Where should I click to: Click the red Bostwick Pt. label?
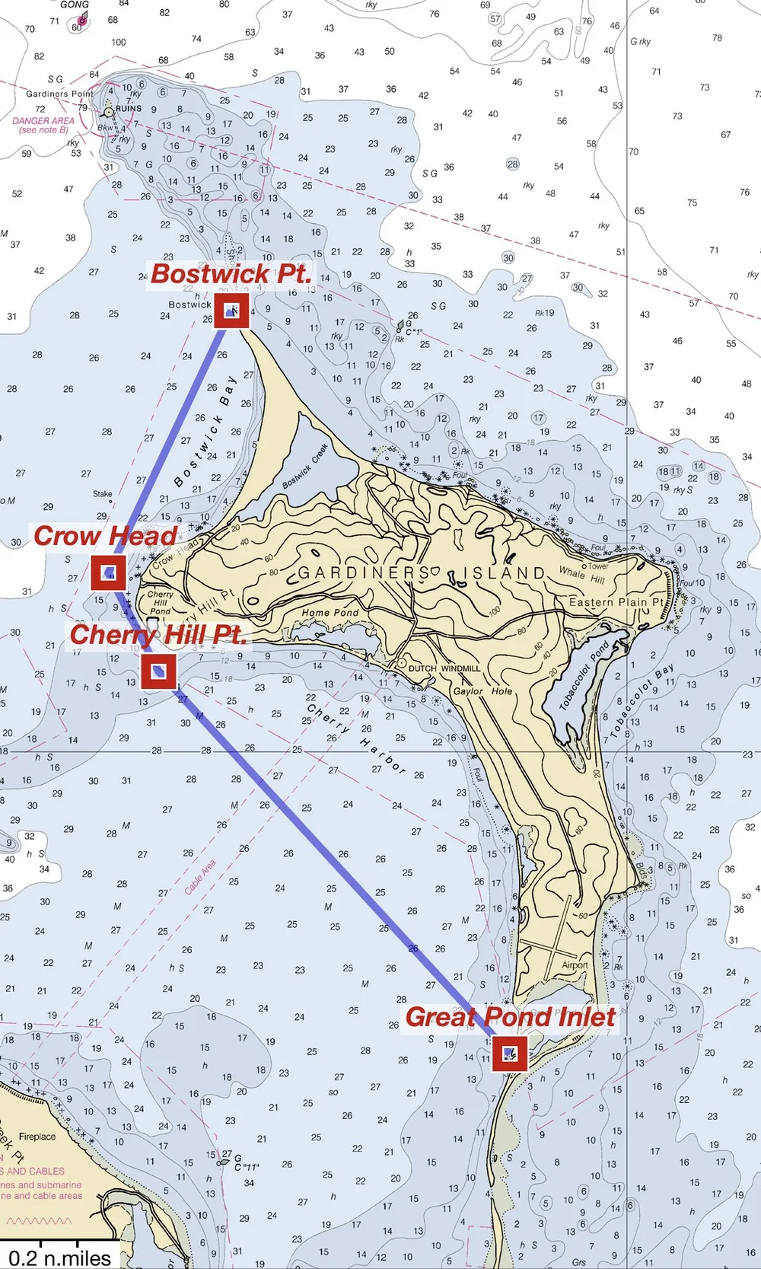tap(231, 274)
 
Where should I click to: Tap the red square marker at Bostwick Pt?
tap(231, 311)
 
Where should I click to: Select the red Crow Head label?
tap(105, 536)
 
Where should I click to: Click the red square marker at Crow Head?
tap(108, 572)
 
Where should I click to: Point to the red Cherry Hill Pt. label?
tap(158, 635)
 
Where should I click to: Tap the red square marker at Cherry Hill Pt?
tap(158, 671)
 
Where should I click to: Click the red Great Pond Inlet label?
tap(510, 1017)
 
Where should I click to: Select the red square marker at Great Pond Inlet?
tap(509, 1054)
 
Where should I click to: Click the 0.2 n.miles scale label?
tap(59, 1257)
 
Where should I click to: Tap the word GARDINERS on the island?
tap(363, 573)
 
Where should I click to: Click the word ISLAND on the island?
tap(505, 572)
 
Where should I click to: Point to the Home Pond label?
tap(330, 613)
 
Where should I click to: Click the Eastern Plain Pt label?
tap(616, 602)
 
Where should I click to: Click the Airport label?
tap(575, 965)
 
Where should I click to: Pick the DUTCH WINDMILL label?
tap(444, 668)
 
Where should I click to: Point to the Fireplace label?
tap(37, 1137)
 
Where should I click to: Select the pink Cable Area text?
tap(200, 876)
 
